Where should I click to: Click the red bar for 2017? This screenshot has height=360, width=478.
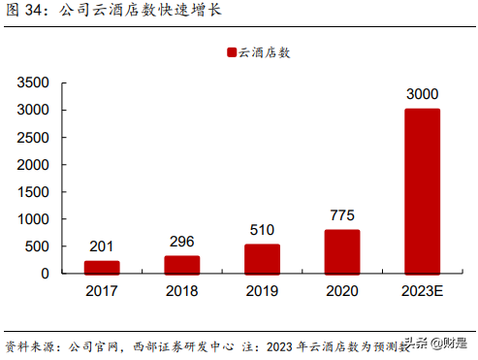(x=103, y=267)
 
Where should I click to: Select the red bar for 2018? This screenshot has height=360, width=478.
(x=182, y=264)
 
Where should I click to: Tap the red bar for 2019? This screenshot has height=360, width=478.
(x=262, y=258)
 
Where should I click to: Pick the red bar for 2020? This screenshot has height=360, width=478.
(x=342, y=251)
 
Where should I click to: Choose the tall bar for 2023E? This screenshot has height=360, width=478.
(x=422, y=190)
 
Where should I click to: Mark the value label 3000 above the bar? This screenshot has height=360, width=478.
(x=422, y=95)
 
